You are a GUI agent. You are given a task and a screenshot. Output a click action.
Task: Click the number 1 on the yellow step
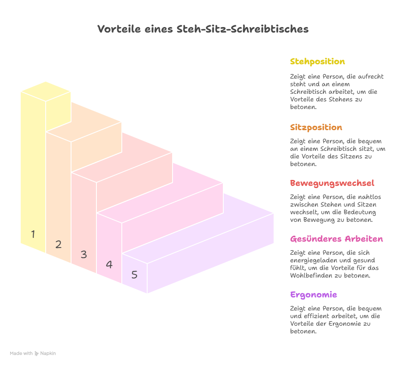tap(33, 234)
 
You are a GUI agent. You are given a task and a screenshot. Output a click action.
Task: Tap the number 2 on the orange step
tap(58, 244)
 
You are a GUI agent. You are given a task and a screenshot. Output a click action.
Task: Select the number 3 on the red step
tap(84, 254)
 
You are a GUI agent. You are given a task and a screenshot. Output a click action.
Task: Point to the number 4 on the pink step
tap(109, 264)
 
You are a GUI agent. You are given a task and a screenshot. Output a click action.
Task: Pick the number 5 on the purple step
tap(134, 275)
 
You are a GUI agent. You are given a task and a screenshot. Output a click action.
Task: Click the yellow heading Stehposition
tap(318, 62)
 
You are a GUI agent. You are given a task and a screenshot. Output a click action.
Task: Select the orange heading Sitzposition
tap(316, 127)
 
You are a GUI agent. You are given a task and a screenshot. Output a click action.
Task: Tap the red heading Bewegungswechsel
tap(332, 183)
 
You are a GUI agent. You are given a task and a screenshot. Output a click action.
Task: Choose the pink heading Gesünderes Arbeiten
tap(336, 239)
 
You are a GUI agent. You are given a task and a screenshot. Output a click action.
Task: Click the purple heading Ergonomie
tap(313, 294)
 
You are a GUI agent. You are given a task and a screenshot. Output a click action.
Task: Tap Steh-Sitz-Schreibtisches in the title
tap(243, 29)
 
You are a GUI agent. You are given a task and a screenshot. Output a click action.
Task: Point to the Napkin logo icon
tap(36, 353)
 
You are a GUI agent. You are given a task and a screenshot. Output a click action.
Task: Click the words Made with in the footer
tap(21, 353)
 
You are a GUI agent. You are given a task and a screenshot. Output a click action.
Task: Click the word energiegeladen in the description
tap(312, 260)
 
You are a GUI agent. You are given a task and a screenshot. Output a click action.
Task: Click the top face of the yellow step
tap(46, 91)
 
